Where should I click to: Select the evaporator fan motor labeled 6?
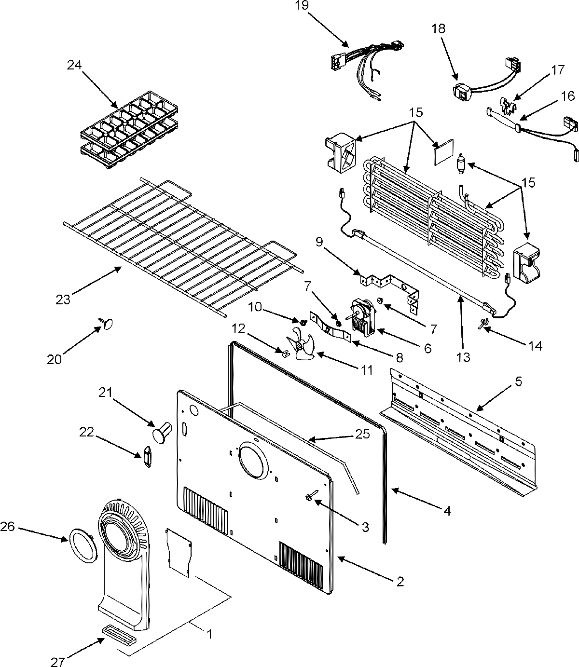click(x=362, y=316)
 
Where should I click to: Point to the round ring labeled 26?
click(x=83, y=545)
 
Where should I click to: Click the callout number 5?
click(x=517, y=381)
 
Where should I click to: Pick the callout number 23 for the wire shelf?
click(x=63, y=299)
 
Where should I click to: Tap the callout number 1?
click(x=209, y=635)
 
